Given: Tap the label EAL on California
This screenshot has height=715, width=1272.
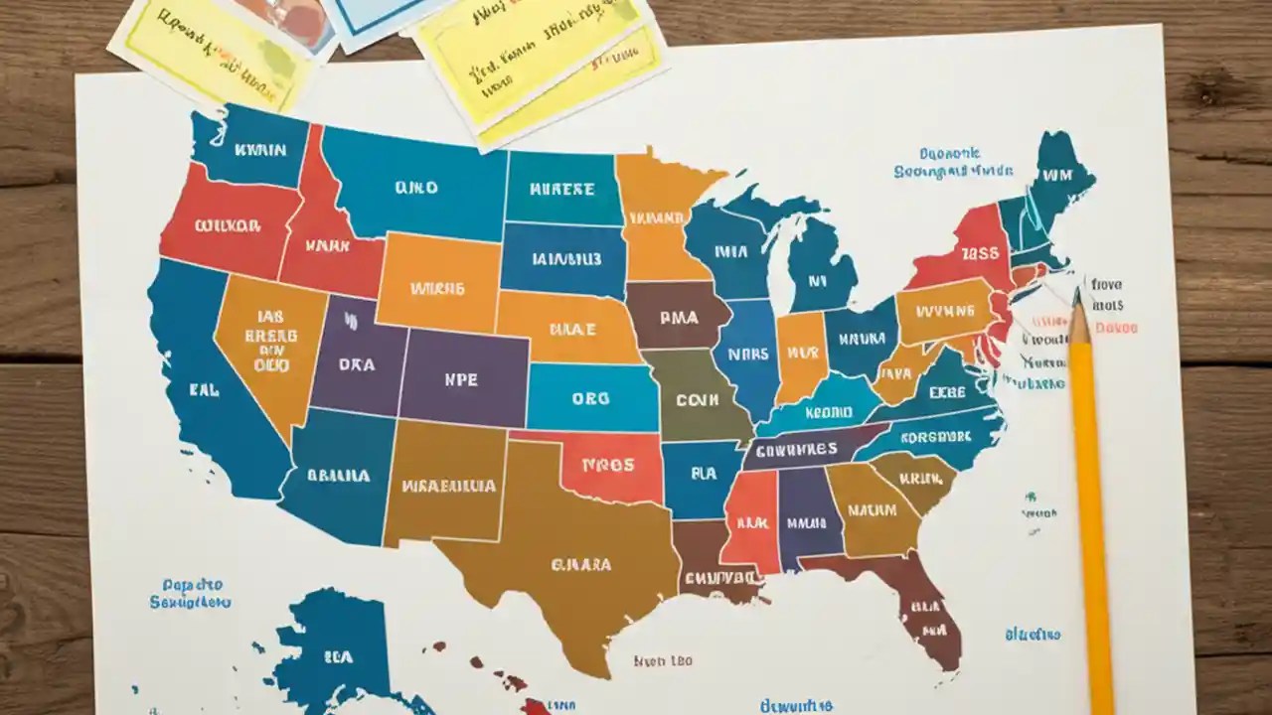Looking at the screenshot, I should [203, 390].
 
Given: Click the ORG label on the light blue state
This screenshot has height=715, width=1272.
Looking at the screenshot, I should [589, 398].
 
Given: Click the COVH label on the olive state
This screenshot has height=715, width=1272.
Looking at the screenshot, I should [696, 399].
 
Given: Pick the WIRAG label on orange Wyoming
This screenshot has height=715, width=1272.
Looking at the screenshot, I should [437, 289].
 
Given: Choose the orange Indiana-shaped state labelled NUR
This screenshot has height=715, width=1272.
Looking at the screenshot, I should [801, 354].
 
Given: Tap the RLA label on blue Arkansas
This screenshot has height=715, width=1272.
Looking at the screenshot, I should [704, 475].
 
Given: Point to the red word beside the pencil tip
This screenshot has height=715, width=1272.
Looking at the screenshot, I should [1113, 327].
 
